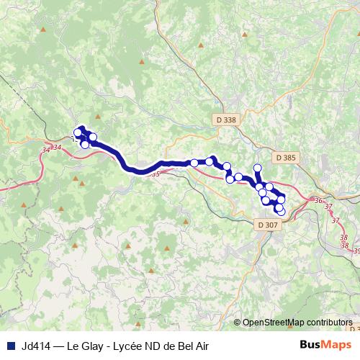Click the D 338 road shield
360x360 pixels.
tap(225, 120)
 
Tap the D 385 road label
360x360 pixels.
tap(286, 156)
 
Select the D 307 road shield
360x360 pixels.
tap(266, 225)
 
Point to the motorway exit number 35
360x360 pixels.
tap(156, 174)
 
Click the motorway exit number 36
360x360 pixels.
tap(318, 201)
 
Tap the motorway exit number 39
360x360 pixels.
tap(355, 251)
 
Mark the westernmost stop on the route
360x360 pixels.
tap(78, 132)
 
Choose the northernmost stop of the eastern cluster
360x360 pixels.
tap(257, 168)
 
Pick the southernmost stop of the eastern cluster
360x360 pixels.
tap(280, 210)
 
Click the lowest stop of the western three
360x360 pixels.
tap(85, 145)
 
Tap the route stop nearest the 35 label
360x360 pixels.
tap(194, 163)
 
